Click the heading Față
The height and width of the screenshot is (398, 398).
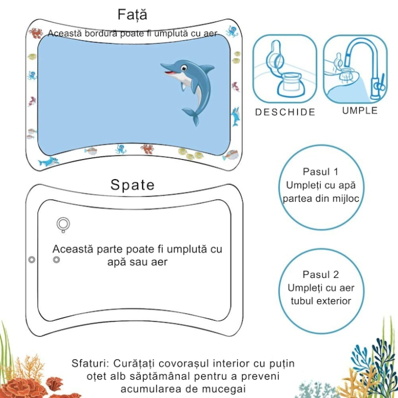pos(132,14)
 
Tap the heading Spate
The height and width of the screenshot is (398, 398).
pos(132,185)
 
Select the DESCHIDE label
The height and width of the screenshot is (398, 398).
pos(285,112)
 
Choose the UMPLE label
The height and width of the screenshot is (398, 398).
pos(360,110)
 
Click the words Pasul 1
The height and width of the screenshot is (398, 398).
pos(321,171)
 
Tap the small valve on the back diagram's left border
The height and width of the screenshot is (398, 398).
pos(32,259)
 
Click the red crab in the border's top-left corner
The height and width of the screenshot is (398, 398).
pos(36,32)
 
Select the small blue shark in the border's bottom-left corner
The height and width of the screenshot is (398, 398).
pos(48,161)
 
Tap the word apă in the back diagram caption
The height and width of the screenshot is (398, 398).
pos(118,262)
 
